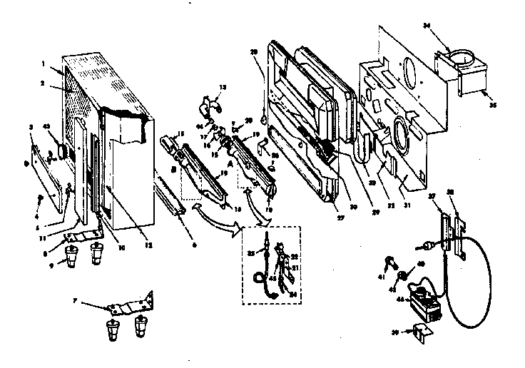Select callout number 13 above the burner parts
point(223,87)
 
